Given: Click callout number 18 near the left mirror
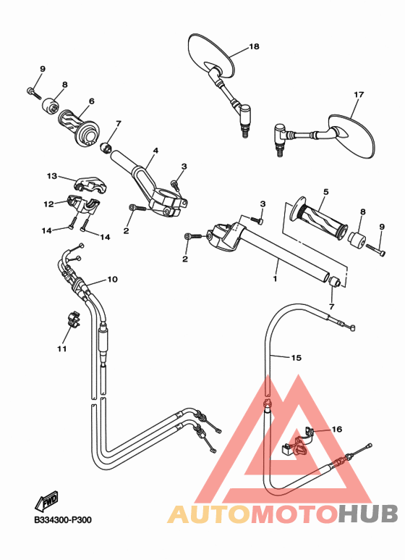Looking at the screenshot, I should (254, 46).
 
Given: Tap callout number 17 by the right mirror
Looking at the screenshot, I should (358, 95).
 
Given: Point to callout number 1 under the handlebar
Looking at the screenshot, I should (276, 277).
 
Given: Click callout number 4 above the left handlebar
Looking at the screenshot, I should (155, 152).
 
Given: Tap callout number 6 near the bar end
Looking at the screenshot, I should (92, 101).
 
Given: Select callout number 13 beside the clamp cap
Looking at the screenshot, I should (52, 176).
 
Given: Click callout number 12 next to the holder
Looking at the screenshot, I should (48, 204).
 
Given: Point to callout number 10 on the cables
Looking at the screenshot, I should (112, 279).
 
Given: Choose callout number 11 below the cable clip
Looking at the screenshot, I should (62, 348).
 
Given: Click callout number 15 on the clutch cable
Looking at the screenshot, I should (296, 357).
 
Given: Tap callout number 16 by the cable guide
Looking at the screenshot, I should (336, 430).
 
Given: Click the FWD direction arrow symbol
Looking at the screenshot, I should (47, 501).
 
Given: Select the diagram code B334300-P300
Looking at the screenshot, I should (62, 519).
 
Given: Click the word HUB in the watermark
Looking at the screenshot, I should (368, 514).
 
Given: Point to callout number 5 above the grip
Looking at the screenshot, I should (326, 192).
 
